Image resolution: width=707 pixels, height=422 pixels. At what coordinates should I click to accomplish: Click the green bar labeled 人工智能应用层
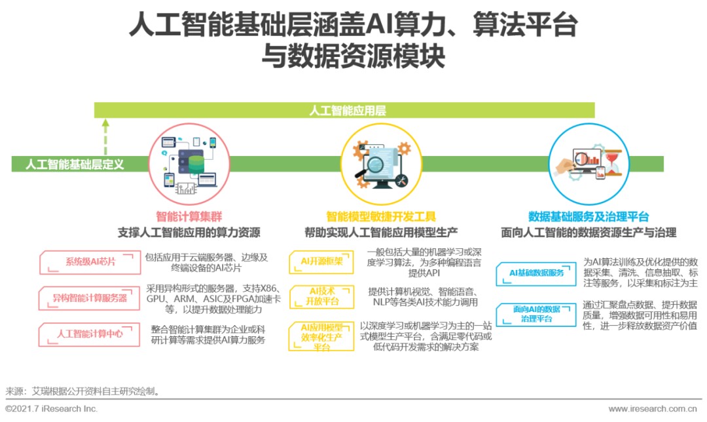347,111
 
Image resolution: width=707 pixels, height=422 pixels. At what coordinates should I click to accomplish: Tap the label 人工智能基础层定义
75,164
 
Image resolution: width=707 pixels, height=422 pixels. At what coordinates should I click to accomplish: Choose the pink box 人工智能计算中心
90,334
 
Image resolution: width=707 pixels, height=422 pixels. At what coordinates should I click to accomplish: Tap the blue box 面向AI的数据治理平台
536,314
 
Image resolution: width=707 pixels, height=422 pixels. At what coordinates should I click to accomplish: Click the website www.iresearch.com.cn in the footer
654,409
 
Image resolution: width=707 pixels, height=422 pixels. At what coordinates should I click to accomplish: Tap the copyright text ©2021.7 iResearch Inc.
52,409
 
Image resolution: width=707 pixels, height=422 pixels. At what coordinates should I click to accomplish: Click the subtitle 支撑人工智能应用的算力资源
189,233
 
